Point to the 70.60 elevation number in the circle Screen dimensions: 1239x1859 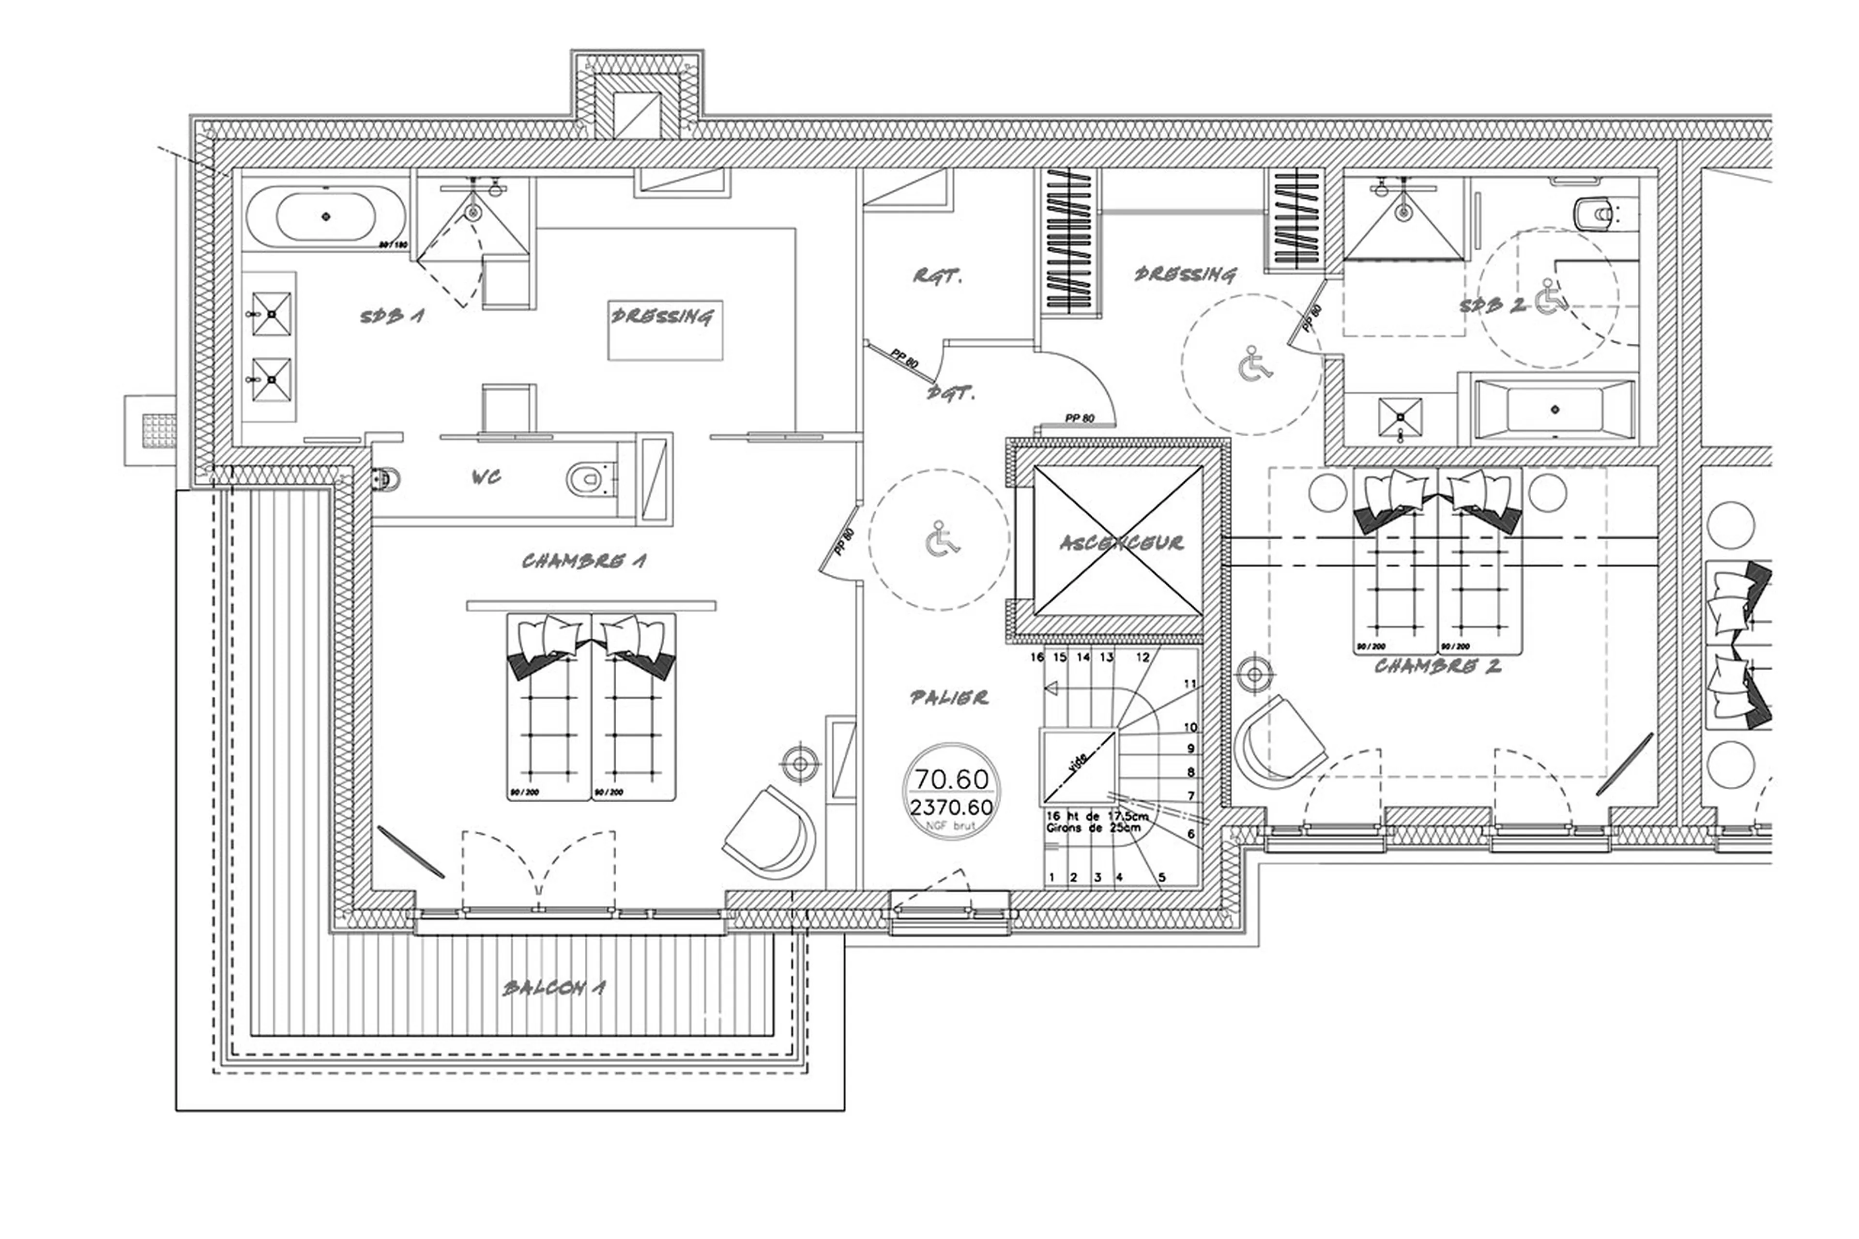(x=951, y=779)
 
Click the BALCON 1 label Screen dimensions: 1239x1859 (x=553, y=988)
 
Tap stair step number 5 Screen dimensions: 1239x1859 (x=1161, y=876)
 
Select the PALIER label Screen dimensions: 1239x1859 (x=948, y=697)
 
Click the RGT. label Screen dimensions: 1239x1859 (x=937, y=276)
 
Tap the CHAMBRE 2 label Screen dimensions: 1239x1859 (x=1436, y=666)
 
